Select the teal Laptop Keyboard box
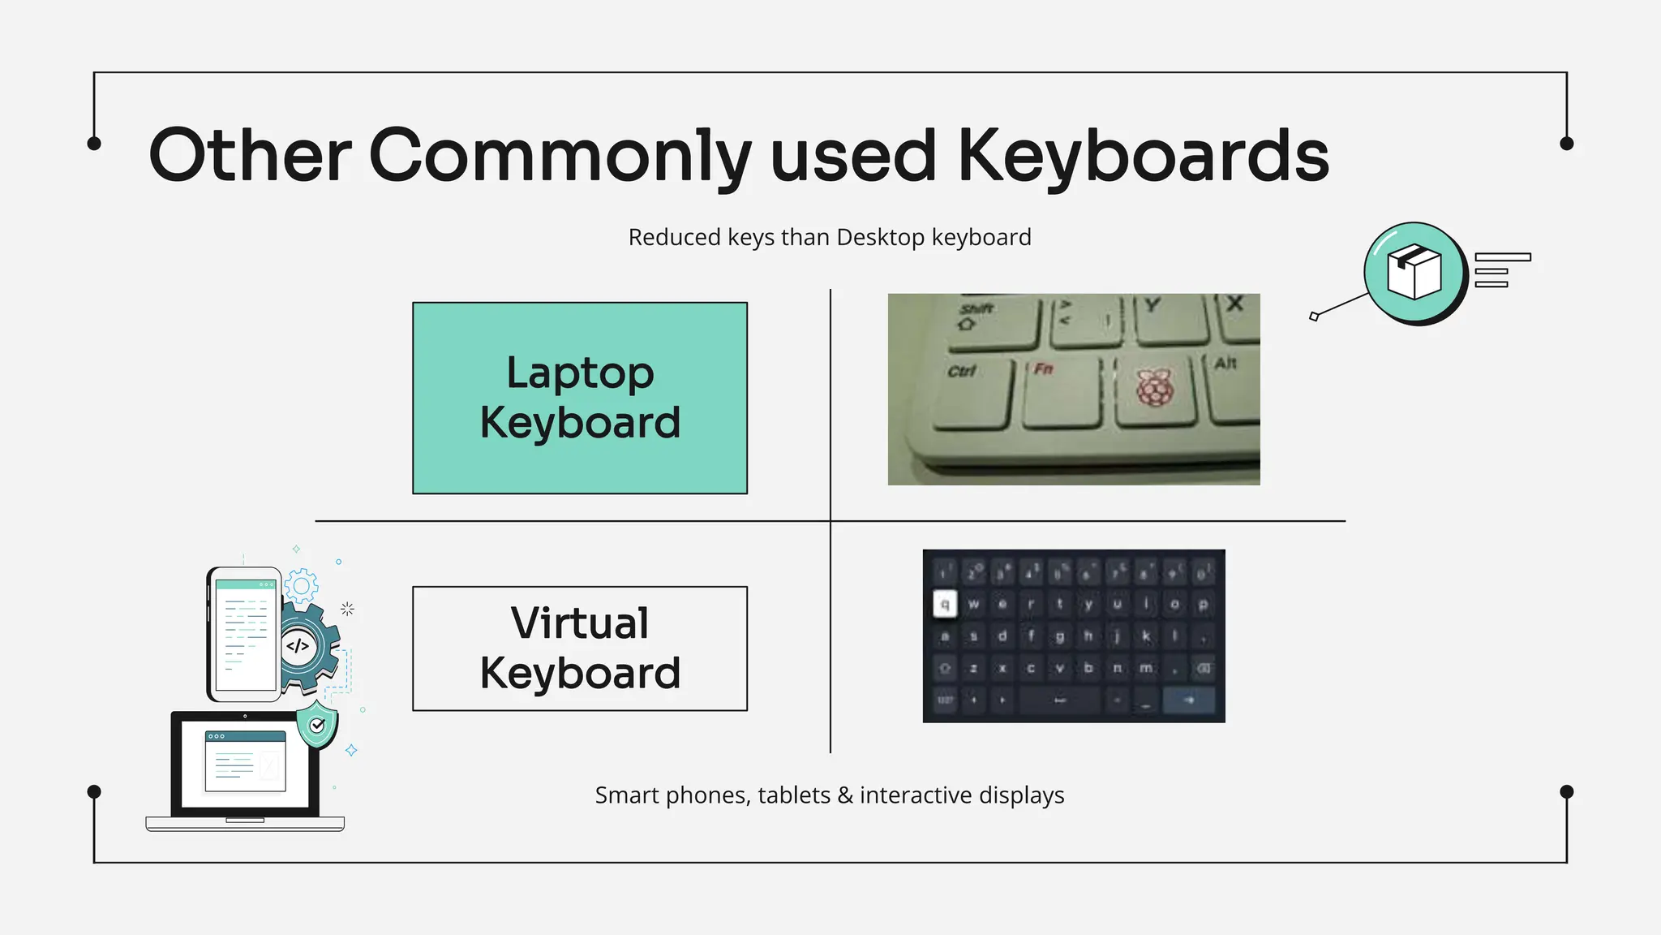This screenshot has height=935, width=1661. (580, 398)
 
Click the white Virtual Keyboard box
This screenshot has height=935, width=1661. (580, 648)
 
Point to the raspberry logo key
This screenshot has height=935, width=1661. (1155, 390)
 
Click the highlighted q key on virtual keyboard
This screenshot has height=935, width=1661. (945, 604)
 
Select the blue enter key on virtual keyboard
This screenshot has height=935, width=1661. (1189, 700)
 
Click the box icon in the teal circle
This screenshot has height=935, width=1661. (1414, 272)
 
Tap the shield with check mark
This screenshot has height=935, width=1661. (317, 724)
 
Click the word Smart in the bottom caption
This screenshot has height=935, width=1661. (627, 795)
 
